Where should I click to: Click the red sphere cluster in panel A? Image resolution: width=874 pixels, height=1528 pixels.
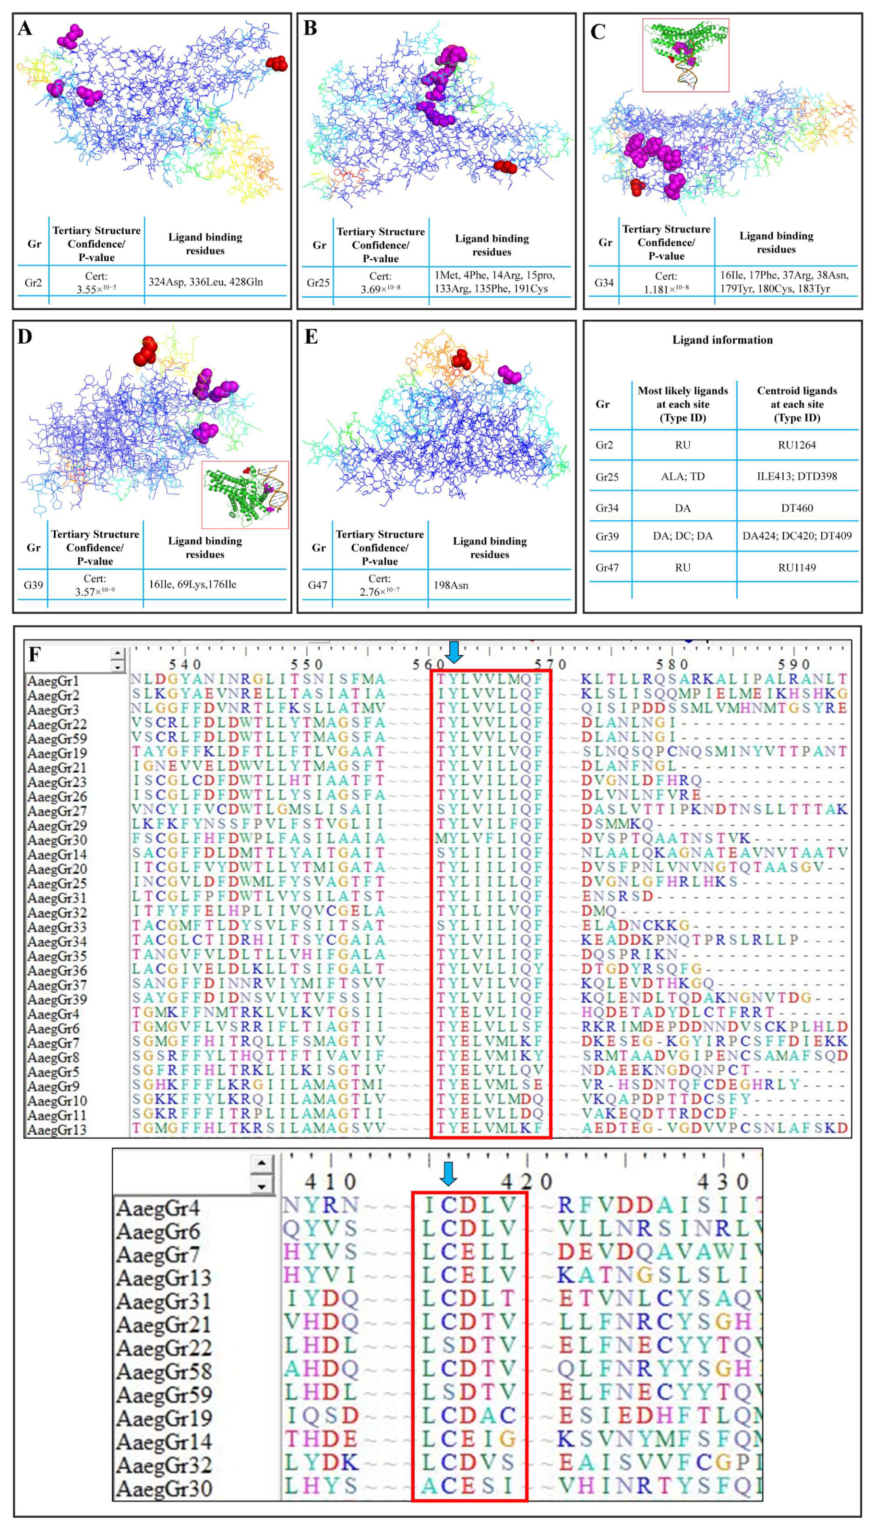pyautogui.click(x=277, y=63)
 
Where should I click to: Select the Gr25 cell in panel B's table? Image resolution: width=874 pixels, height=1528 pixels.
pyautogui.click(x=318, y=282)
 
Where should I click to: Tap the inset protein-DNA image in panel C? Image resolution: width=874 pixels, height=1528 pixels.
pyautogui.click(x=685, y=55)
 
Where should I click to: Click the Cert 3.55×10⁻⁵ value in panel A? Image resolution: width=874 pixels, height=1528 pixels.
pyautogui.click(x=96, y=282)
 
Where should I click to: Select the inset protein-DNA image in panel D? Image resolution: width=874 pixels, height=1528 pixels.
pyautogui.click(x=245, y=495)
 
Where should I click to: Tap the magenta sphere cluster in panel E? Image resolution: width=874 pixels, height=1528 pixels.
pyautogui.click(x=510, y=374)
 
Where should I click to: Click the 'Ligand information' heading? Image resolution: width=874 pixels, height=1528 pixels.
pyautogui.click(x=722, y=340)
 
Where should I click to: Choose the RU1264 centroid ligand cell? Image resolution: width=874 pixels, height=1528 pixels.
pyautogui.click(x=797, y=445)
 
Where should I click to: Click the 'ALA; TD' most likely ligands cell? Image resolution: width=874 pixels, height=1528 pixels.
pyautogui.click(x=682, y=476)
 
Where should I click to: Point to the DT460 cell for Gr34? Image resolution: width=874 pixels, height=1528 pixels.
pyautogui.click(x=797, y=508)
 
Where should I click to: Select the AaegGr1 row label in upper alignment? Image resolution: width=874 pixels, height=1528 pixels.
pyautogui.click(x=53, y=681)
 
